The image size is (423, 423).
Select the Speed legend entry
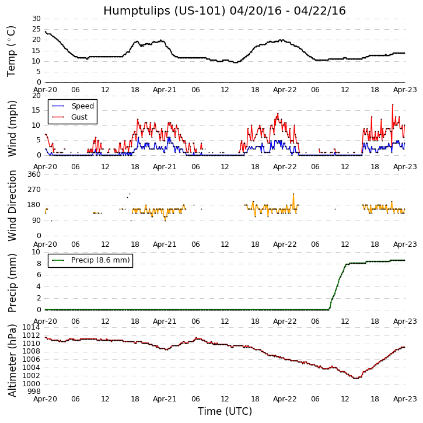(x=82, y=106)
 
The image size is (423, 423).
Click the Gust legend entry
(x=79, y=117)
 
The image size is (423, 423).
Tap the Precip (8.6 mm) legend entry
(x=100, y=260)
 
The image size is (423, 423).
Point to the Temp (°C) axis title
(x=12, y=51)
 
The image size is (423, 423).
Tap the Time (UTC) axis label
(x=225, y=411)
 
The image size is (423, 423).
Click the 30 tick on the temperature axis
(x=36, y=19)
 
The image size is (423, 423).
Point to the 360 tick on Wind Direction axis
(x=34, y=174)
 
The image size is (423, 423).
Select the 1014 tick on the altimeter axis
(x=31, y=327)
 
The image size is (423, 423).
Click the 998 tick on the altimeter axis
(x=34, y=391)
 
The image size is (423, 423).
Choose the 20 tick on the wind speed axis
(x=36, y=96)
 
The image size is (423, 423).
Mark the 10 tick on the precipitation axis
(x=36, y=252)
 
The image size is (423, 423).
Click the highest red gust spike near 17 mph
(x=393, y=104)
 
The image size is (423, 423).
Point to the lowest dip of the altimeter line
(x=356, y=378)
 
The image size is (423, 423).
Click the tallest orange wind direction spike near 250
(x=293, y=194)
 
